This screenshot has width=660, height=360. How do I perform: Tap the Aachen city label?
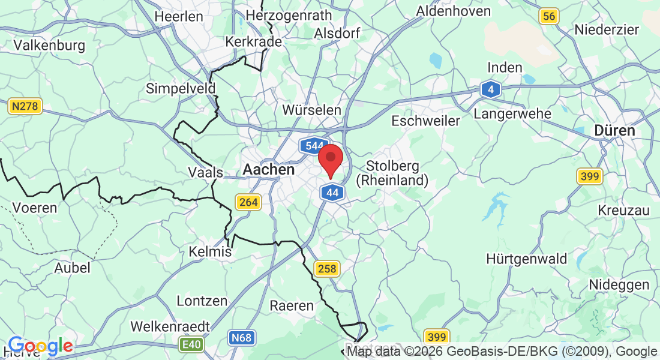pos(269,170)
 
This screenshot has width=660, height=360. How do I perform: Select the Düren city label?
pos(614,130)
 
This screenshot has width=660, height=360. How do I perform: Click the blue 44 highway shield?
pos(332,193)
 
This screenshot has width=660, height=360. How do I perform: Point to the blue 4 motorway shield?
pos(491,90)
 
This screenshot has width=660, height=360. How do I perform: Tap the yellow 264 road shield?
pos(248,202)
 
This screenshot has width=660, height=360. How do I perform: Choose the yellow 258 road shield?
pos(327,268)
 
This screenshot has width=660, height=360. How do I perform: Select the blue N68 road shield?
pos(241,338)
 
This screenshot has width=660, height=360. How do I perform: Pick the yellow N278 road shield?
pos(25,107)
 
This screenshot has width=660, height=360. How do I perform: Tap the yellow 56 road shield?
pos(548,16)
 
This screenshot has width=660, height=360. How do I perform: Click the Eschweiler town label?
pos(425,121)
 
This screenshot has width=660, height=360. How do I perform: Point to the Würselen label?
pos(312,110)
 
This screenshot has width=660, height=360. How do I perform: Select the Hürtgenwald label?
pos(527,259)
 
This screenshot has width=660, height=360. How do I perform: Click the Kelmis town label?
pos(210,251)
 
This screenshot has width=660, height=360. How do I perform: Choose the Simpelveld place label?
pos(181,89)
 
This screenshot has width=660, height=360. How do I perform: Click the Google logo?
pos(41,346)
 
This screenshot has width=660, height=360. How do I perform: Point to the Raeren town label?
pos(292,305)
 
